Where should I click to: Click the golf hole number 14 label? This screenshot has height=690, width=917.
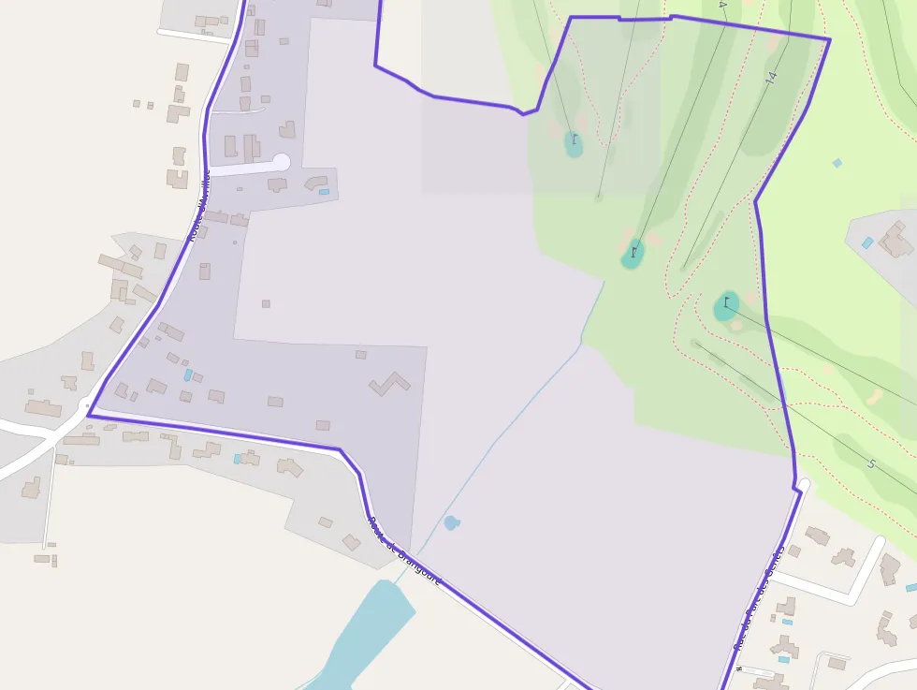point(770,79)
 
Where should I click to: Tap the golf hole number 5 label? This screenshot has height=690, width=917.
point(870,463)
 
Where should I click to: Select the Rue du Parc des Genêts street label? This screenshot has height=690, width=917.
point(759,598)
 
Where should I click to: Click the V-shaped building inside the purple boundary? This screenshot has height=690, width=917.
point(389,384)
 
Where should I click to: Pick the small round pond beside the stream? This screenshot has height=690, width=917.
point(452,522)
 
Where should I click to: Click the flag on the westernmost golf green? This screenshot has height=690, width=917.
point(575,140)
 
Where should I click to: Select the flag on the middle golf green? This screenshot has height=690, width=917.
point(633,251)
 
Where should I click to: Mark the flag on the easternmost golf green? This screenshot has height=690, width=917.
point(726,302)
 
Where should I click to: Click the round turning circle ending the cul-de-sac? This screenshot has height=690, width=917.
point(281,162)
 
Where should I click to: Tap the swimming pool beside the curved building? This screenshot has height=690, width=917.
point(324,192)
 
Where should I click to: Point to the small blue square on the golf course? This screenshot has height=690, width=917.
point(837,163)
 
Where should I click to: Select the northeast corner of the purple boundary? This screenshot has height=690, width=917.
point(829,39)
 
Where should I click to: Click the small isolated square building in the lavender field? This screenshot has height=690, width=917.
point(266,303)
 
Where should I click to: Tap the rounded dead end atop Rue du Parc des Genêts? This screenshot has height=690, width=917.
point(804,485)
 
